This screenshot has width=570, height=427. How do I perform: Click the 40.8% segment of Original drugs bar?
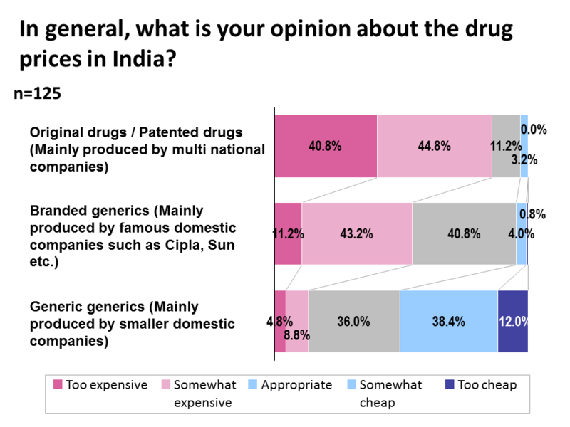(326, 146)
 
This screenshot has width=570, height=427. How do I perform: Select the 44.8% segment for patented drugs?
(435, 146)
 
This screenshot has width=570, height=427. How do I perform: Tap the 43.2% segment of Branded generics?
(357, 233)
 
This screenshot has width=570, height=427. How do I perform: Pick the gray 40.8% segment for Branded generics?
(464, 233)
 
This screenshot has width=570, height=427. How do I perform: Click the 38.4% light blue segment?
(448, 321)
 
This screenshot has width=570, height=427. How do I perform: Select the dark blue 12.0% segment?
(513, 321)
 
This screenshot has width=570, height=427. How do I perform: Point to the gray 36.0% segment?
(353, 321)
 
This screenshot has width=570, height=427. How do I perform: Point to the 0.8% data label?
(533, 214)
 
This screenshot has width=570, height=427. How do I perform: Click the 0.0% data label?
(533, 130)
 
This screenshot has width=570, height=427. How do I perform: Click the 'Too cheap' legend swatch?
(449, 385)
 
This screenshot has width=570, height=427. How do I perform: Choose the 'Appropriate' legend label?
(296, 385)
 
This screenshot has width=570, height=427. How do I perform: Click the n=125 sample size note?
(38, 93)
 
